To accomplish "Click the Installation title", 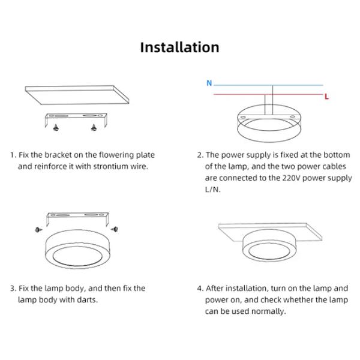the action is (179, 47).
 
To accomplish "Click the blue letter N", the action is (209, 83).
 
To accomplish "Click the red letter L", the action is (326, 97).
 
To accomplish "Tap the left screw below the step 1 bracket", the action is (56, 127).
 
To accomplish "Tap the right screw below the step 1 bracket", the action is (94, 127).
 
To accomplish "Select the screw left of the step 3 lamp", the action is (39, 229).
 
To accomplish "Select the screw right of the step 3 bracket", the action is (115, 229).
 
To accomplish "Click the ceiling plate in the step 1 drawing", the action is (77, 95).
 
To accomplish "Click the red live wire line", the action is (268, 94).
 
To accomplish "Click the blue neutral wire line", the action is (268, 85).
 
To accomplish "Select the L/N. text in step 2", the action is (212, 190).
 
